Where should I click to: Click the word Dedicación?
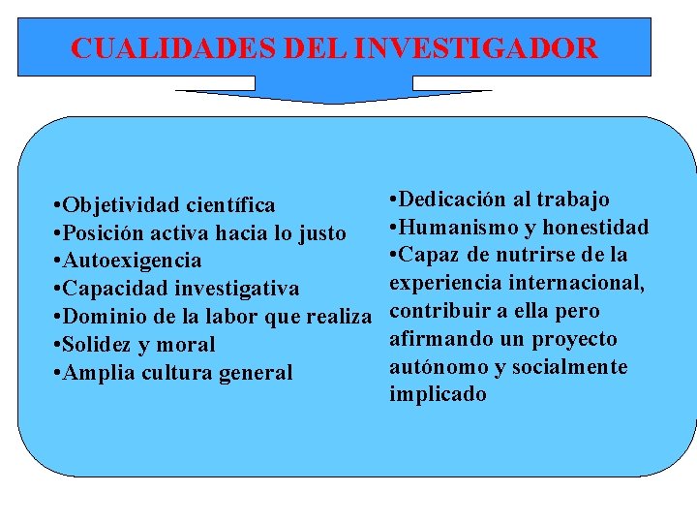(452, 200)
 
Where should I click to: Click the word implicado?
(438, 395)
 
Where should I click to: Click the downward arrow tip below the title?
(333, 101)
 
